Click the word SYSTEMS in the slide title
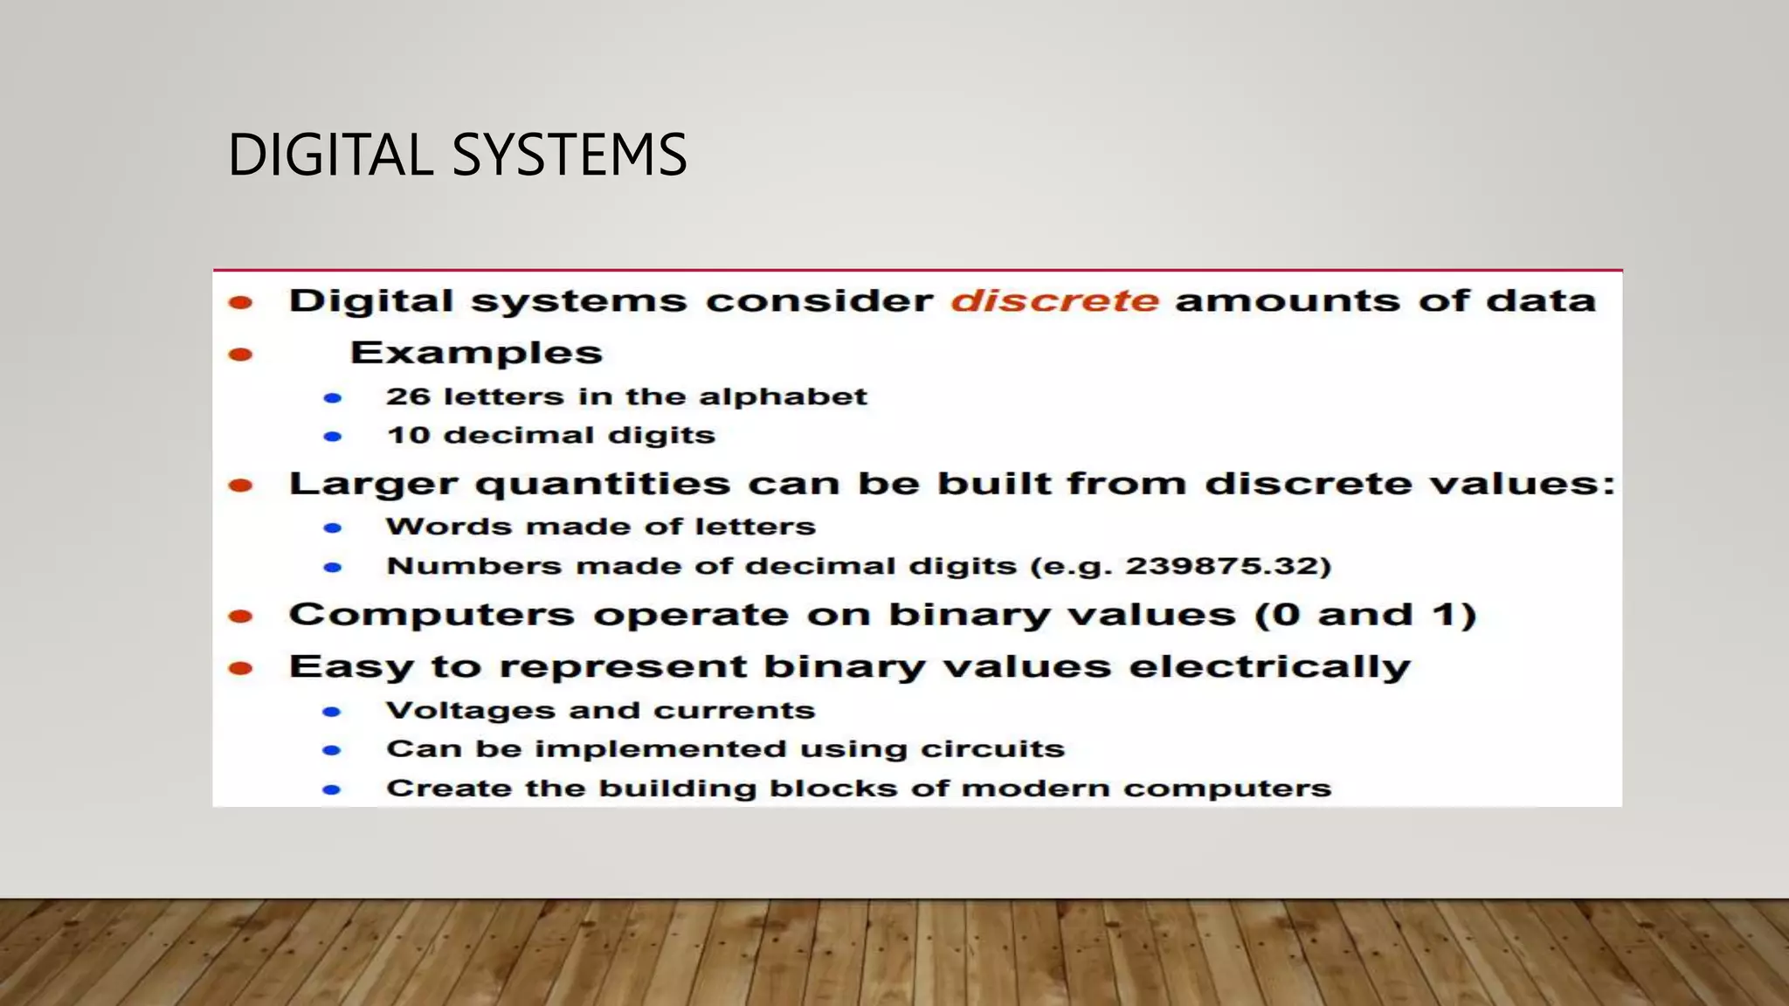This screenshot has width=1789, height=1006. [570, 155]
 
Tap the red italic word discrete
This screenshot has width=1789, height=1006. [1054, 300]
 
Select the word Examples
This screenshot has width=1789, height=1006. [476, 353]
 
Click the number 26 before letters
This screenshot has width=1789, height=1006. [408, 396]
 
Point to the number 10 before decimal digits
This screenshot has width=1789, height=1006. [408, 435]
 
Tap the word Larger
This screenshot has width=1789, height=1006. [373, 485]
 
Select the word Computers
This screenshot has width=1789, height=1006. [431, 616]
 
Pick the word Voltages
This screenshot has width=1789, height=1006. [470, 711]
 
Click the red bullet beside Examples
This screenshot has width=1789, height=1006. [240, 355]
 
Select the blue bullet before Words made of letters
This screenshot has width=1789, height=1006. [332, 527]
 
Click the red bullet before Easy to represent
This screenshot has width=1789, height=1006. [240, 669]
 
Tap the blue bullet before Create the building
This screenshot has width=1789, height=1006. [331, 789]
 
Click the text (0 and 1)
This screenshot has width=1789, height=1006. [1365, 615]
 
